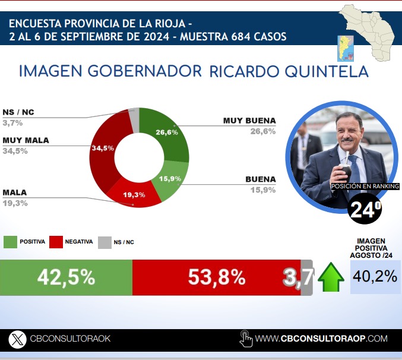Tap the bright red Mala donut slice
point(134,194)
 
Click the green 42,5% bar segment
point(66,277)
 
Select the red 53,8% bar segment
point(217,277)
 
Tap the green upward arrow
point(331,277)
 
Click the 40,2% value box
point(375,277)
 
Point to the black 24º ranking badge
point(365,209)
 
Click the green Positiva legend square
point(10,242)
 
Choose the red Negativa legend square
point(56,242)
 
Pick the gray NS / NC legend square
point(105,242)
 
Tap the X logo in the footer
point(17,339)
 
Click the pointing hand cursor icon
point(246,339)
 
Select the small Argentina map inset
point(346,49)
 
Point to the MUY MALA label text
point(26,140)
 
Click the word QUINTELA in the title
point(327,71)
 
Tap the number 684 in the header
point(240,36)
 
